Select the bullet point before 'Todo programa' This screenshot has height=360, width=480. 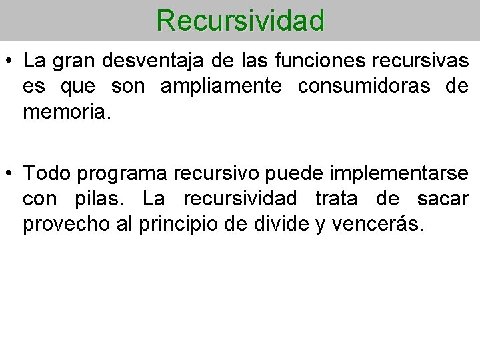[x=9, y=173]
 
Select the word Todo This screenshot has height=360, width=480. [x=46, y=173]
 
